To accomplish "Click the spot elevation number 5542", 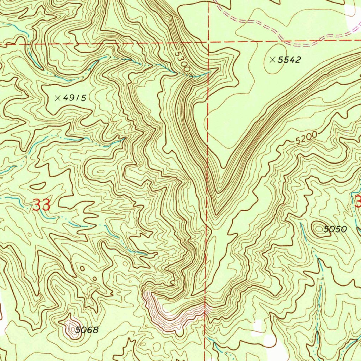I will [x=289, y=60].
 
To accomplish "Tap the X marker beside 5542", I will [x=273, y=60].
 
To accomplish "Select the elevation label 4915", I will [x=74, y=98].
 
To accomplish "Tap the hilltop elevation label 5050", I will [x=335, y=230].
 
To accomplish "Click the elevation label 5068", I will [x=87, y=330].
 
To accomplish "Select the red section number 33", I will [x=41, y=205].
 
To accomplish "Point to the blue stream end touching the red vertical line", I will [x=208, y=72].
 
